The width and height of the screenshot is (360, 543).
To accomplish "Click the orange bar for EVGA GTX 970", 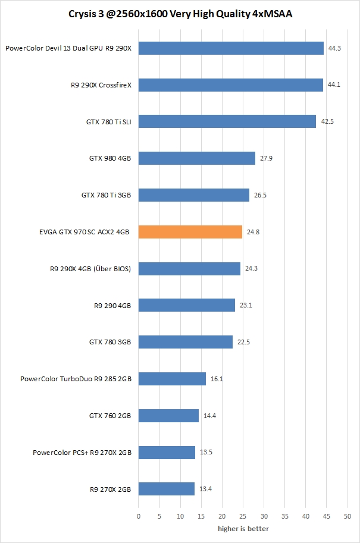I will pyautogui.click(x=190, y=232).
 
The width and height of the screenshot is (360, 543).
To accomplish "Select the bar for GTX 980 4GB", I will pyautogui.click(x=197, y=158).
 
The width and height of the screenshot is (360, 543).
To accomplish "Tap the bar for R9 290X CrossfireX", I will pyautogui.click(x=231, y=85).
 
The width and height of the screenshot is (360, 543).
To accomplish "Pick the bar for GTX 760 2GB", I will pyautogui.click(x=168, y=416).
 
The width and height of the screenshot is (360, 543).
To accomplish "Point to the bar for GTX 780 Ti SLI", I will pyautogui.click(x=227, y=122).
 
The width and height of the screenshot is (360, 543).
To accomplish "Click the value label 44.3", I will pyautogui.click(x=334, y=49).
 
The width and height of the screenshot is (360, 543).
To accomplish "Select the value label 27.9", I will pyautogui.click(x=265, y=159).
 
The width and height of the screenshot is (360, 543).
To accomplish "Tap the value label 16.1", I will pyautogui.click(x=216, y=379).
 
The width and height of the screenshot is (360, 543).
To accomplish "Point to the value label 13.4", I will pyautogui.click(x=205, y=489).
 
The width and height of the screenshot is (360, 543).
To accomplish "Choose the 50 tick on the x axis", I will pyautogui.click(x=348, y=516).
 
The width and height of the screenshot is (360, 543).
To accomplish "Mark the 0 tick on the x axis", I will pyautogui.click(x=139, y=516).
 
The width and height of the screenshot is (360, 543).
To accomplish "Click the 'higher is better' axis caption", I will pyautogui.click(x=243, y=529).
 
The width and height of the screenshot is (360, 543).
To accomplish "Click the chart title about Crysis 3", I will pyautogui.click(x=180, y=12).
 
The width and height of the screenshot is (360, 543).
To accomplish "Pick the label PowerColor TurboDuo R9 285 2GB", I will pyautogui.click(x=76, y=379).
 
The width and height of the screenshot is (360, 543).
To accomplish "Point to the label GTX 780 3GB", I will pyautogui.click(x=110, y=342).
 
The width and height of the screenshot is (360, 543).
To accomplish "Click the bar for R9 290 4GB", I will pyautogui.click(x=187, y=306).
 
